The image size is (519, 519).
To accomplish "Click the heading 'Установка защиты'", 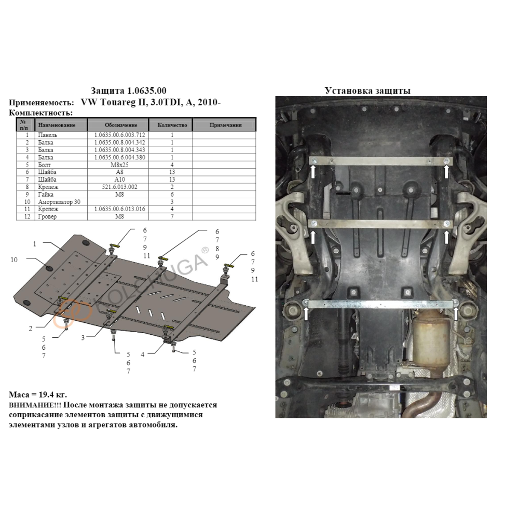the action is pos(367,91).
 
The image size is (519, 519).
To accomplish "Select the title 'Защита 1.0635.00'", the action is pos(128,91).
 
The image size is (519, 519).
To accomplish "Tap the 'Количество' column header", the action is pos(172,125).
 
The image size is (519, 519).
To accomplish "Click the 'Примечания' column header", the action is pos(225,125).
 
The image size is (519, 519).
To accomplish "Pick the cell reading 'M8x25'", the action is pos(119,165).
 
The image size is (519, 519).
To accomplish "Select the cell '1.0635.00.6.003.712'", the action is pos(119,135).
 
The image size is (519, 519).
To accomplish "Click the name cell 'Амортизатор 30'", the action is pos(59,202).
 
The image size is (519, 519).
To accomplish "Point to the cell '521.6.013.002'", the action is pos(119,187).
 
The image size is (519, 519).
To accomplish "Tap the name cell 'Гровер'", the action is pos(47,216).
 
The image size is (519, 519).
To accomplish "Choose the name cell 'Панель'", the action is pos(48,135).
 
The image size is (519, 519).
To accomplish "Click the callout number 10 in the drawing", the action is pos(14,260).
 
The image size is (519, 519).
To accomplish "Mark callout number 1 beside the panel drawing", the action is pos(34,244).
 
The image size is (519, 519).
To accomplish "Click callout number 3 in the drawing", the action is pos(83,338).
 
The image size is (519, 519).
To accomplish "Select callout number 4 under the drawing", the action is pos(143,354).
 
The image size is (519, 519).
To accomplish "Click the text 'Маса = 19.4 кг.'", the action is pos(38,394).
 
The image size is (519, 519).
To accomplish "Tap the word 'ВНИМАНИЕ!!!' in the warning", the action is pos(35,405).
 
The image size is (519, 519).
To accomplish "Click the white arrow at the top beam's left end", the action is pos(313,171).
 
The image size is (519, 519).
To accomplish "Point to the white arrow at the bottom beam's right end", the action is pos(456,313).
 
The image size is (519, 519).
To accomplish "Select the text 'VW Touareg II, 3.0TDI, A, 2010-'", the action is pos(151,102).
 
